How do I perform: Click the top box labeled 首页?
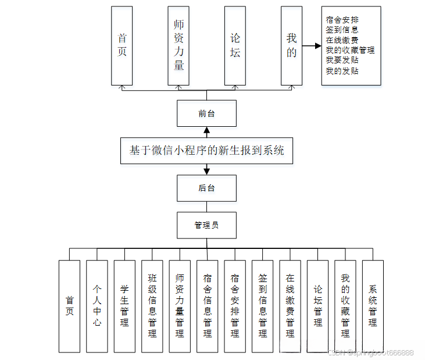[x=122, y=46]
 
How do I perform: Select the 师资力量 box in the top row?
[x=178, y=46]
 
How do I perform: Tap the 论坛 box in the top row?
[x=235, y=46]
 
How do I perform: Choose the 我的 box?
[x=291, y=46]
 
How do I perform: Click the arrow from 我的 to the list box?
[x=312, y=46]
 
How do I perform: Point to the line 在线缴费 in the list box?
[x=342, y=40]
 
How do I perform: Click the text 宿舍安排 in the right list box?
[x=342, y=19]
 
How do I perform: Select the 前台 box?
[x=206, y=113]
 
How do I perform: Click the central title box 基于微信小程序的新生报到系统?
[x=206, y=151]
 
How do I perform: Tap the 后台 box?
[x=206, y=188]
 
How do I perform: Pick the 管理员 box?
[x=206, y=225]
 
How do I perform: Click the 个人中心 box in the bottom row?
[x=97, y=306]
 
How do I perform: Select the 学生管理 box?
[x=124, y=306]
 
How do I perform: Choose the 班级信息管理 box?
[x=152, y=306]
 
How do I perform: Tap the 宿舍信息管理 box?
[x=207, y=306]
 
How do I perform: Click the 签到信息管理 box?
[x=262, y=306]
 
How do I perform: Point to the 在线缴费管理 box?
[x=290, y=306]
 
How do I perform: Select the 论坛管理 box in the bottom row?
[x=317, y=306]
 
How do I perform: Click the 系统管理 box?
[x=373, y=306]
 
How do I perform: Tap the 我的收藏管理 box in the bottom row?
[x=345, y=306]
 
